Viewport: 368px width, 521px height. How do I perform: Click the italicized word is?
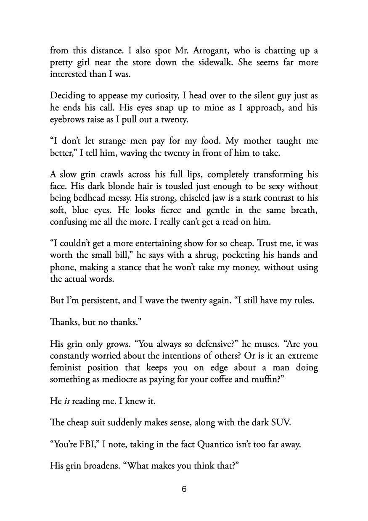[x=66, y=401]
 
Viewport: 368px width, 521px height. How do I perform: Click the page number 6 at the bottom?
[x=184, y=490]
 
